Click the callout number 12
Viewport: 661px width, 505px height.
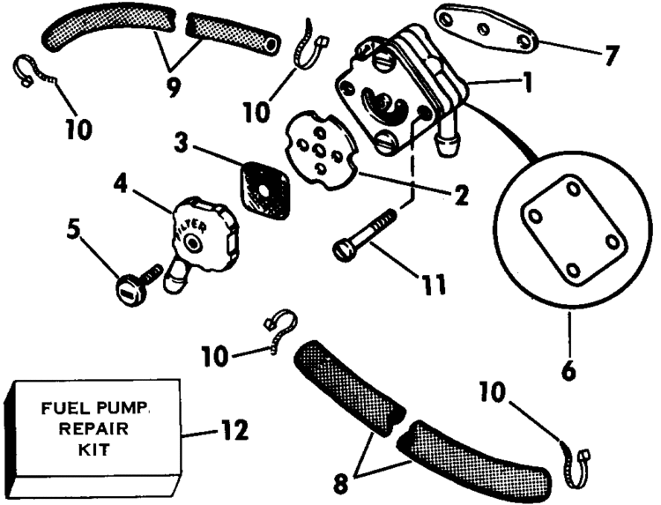[232, 431]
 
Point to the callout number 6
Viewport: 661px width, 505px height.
[568, 372]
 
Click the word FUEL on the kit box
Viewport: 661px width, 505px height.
[63, 411]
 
